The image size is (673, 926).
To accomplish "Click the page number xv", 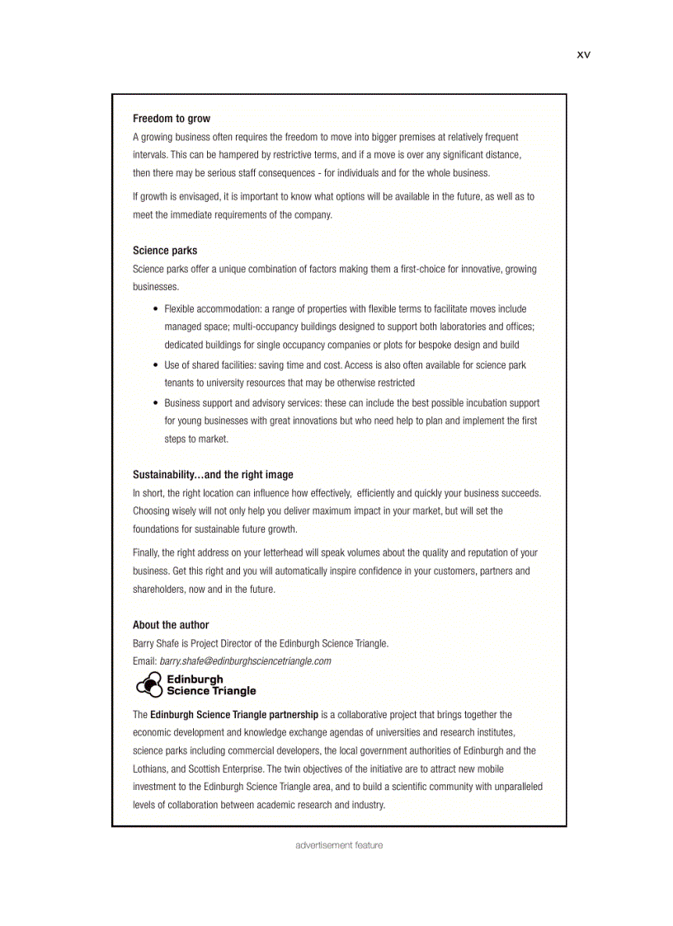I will [583, 54].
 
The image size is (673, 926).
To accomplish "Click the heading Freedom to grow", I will [172, 119].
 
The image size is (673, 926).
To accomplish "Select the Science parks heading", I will [165, 251].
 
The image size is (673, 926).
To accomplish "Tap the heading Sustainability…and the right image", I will [213, 475].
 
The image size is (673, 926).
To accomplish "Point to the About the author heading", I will [171, 625].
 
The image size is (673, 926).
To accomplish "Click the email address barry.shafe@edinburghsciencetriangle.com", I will [245, 661].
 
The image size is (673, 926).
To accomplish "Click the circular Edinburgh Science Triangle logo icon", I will [148, 684].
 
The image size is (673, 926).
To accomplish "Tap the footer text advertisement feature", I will [339, 845].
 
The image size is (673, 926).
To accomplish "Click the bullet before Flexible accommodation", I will [156, 309].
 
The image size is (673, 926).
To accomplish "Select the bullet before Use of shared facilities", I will [156, 365].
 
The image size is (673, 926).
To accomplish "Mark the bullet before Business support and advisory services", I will [156, 403].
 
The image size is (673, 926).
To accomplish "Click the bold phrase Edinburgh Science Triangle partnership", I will [233, 715].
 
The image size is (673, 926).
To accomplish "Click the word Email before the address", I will [144, 661].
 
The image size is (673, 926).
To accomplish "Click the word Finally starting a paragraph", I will [146, 553].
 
